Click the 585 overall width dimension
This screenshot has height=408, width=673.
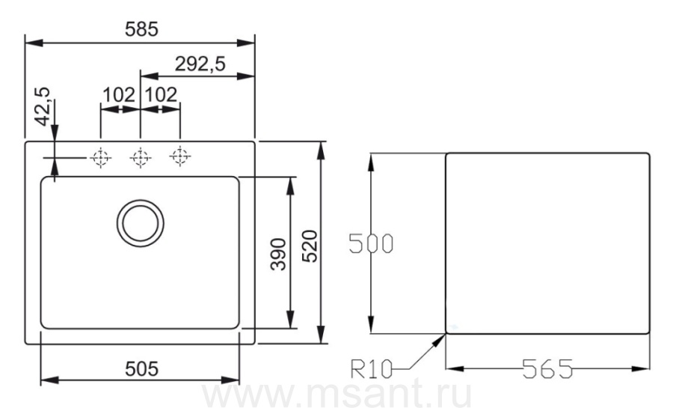click(x=141, y=29)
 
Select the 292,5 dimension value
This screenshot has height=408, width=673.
click(x=200, y=64)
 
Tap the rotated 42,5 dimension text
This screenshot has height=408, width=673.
click(x=43, y=106)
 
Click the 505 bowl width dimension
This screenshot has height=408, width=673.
click(x=141, y=369)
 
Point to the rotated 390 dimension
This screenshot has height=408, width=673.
click(x=278, y=255)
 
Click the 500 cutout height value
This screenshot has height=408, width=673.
click(x=371, y=243)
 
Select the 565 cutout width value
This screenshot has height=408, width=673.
click(x=547, y=369)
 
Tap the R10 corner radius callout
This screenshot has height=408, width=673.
click(x=372, y=369)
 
